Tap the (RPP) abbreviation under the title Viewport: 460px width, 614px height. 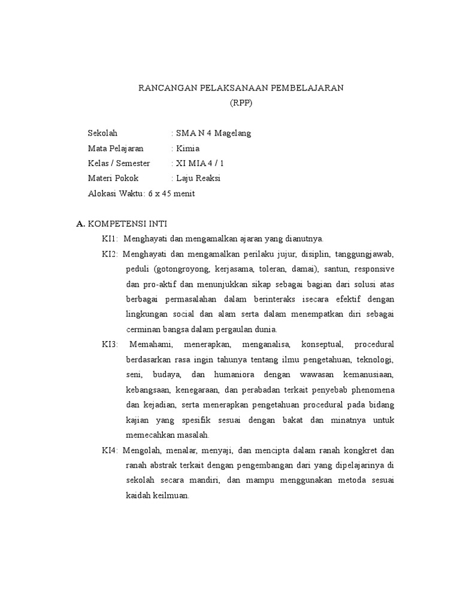[x=241, y=103]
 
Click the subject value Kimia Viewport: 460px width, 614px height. [x=187, y=148]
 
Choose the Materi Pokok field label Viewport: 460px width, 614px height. [x=113, y=178]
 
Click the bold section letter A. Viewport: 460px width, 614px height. [x=81, y=224]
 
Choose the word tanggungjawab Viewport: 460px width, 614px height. [x=364, y=254]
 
